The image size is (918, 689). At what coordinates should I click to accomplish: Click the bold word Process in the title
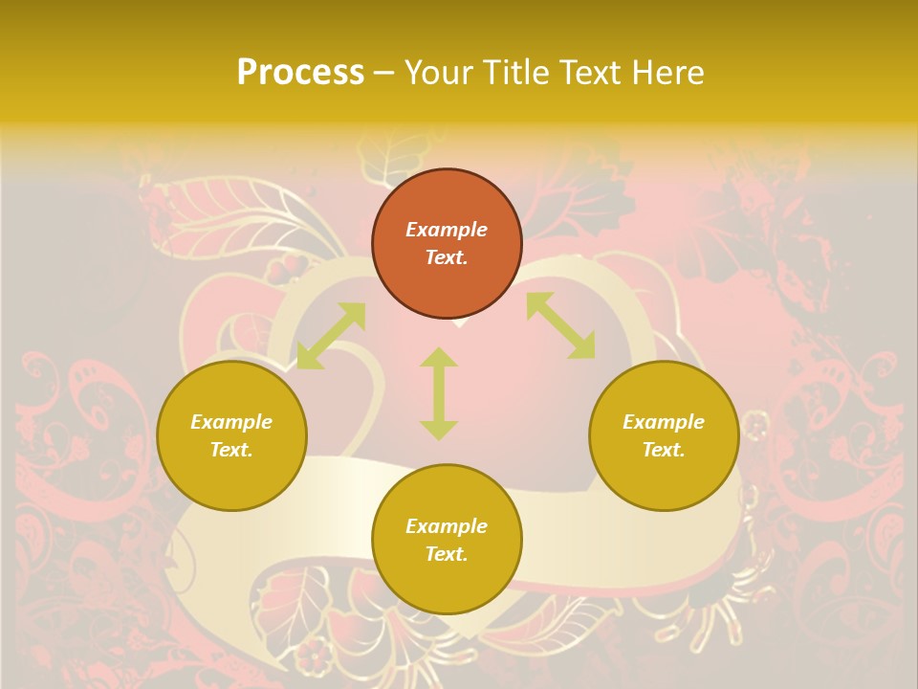[x=300, y=73]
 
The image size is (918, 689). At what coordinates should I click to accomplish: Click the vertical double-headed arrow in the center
[x=439, y=393]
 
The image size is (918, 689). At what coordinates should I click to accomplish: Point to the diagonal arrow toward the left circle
[x=331, y=336]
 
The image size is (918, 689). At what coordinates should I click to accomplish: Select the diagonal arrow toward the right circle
[x=560, y=325]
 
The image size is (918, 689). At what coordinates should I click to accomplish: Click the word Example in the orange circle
[x=447, y=230]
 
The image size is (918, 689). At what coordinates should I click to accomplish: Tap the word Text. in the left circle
[x=231, y=450]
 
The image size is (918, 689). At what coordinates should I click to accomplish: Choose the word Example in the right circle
[x=664, y=422]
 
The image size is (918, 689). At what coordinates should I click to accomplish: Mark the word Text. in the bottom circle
[x=447, y=554]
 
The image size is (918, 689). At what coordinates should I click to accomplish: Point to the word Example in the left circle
[x=231, y=422]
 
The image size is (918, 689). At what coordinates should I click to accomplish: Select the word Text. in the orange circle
[x=447, y=257]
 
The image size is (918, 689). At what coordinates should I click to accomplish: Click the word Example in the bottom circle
[x=447, y=526]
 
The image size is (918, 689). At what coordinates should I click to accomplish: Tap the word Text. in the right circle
[x=664, y=450]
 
